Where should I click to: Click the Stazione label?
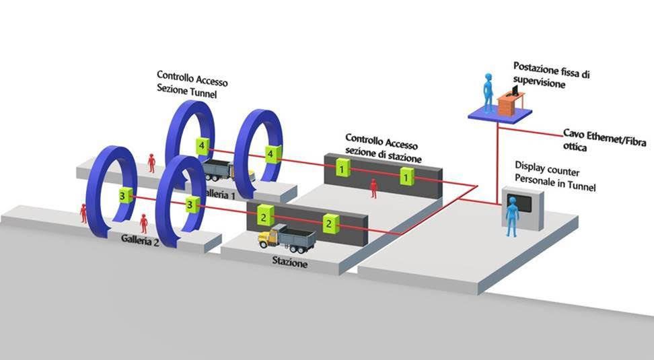coord(290,264)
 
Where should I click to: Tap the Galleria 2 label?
coord(141,239)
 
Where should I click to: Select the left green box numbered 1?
coord(344,169)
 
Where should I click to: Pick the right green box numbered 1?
coord(406,178)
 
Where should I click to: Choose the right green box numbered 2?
coord(328,223)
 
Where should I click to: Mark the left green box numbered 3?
coord(122,196)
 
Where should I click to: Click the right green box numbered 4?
coord(270,154)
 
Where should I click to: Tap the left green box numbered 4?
coord(201,145)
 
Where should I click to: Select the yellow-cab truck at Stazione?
coord(283,238)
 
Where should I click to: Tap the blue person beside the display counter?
coord(511,216)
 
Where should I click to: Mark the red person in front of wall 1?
coord(373,188)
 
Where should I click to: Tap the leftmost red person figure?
coord(84,213)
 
